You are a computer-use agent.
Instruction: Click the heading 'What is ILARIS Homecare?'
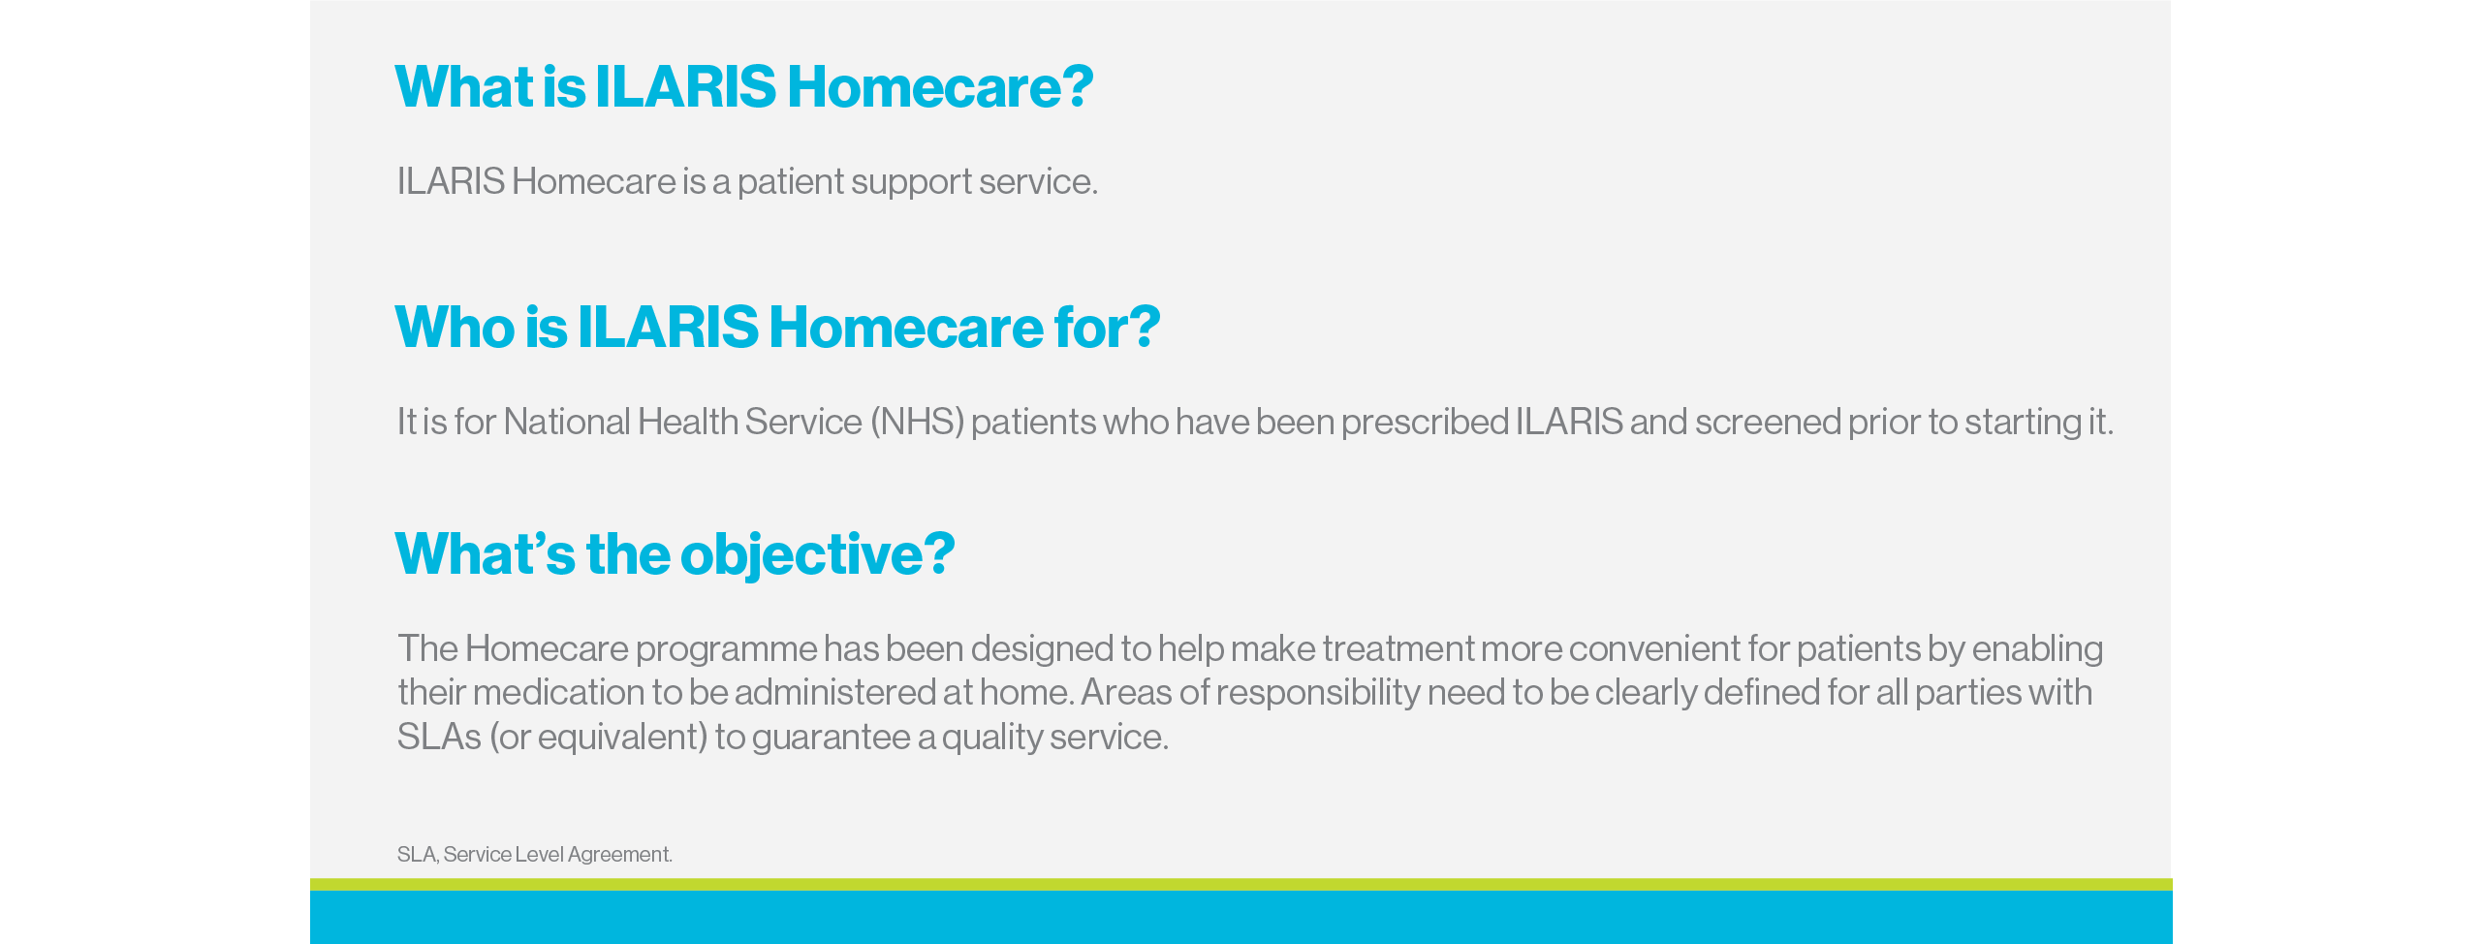[743, 87]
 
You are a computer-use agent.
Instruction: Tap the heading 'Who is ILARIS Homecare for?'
[777, 328]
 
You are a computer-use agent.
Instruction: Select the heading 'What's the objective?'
[675, 554]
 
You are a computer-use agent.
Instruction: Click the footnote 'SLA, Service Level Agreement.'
[534, 855]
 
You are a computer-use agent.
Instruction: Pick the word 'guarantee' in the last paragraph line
[831, 738]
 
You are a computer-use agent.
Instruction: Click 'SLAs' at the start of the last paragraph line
[439, 738]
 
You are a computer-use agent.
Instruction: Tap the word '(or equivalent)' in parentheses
[599, 738]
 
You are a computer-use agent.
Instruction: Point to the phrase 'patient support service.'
[917, 182]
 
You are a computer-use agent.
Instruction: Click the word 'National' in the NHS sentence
[567, 423]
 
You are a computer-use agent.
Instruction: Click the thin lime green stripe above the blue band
[1240, 884]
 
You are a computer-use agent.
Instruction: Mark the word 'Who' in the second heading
[454, 328]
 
